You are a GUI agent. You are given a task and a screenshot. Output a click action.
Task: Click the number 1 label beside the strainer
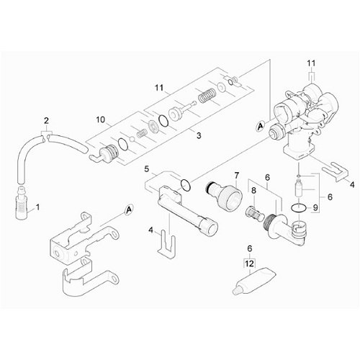point(38,207)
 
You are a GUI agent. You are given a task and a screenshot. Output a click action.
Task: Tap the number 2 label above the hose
point(46,120)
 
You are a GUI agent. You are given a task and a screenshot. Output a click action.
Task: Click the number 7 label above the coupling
point(235,175)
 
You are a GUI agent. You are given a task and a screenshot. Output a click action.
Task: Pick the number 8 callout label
point(253,190)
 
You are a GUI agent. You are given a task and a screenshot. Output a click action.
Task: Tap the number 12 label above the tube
point(250,266)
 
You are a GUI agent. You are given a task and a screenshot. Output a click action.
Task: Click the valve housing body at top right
point(306,119)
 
